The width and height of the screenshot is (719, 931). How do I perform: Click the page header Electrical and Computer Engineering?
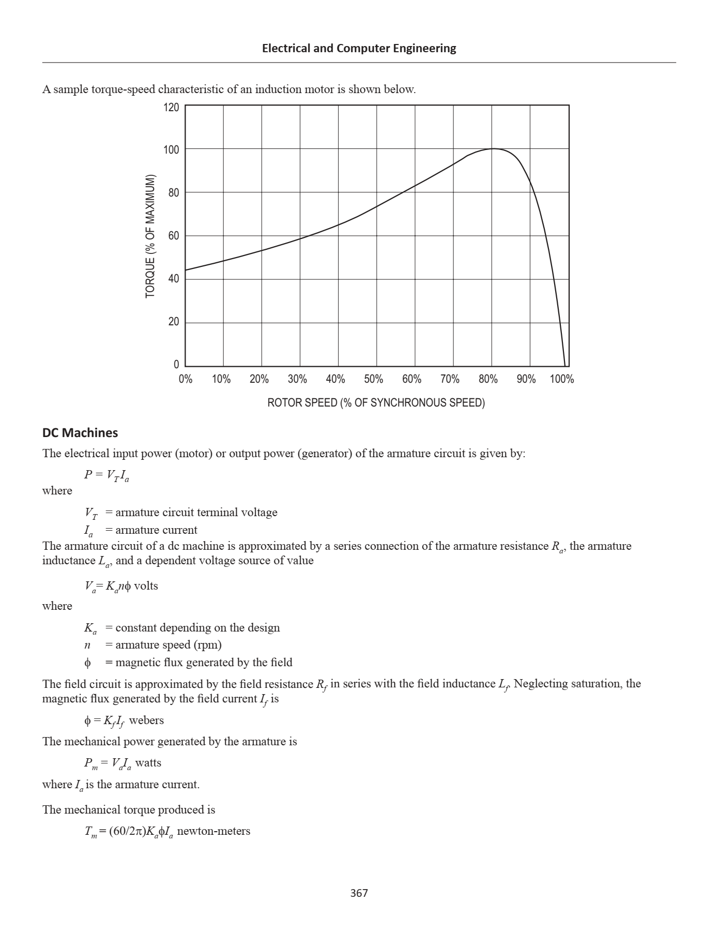[359, 48]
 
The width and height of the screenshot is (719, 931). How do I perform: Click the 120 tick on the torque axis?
[172, 108]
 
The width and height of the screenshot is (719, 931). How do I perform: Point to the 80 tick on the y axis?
[173, 193]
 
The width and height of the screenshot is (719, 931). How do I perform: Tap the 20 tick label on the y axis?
[173, 322]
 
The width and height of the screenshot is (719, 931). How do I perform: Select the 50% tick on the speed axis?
[373, 379]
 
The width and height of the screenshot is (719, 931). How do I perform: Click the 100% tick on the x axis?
[561, 379]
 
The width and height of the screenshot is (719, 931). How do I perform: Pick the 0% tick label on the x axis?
[186, 379]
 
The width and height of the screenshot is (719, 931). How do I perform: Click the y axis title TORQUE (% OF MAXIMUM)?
[150, 236]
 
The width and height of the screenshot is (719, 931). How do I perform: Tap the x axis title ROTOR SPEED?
[376, 403]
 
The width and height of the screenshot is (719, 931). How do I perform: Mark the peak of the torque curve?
[493, 148]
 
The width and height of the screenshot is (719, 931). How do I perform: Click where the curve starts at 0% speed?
[186, 270]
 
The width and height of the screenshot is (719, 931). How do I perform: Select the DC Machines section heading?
[80, 433]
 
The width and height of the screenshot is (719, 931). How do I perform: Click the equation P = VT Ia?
[106, 475]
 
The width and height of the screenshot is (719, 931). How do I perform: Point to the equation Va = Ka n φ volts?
[121, 586]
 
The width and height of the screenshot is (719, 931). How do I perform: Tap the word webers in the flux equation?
[146, 720]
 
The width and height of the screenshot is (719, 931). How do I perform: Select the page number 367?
[359, 893]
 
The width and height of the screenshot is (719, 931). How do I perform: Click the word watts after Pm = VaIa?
[148, 763]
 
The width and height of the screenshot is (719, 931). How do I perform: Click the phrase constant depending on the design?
[197, 628]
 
